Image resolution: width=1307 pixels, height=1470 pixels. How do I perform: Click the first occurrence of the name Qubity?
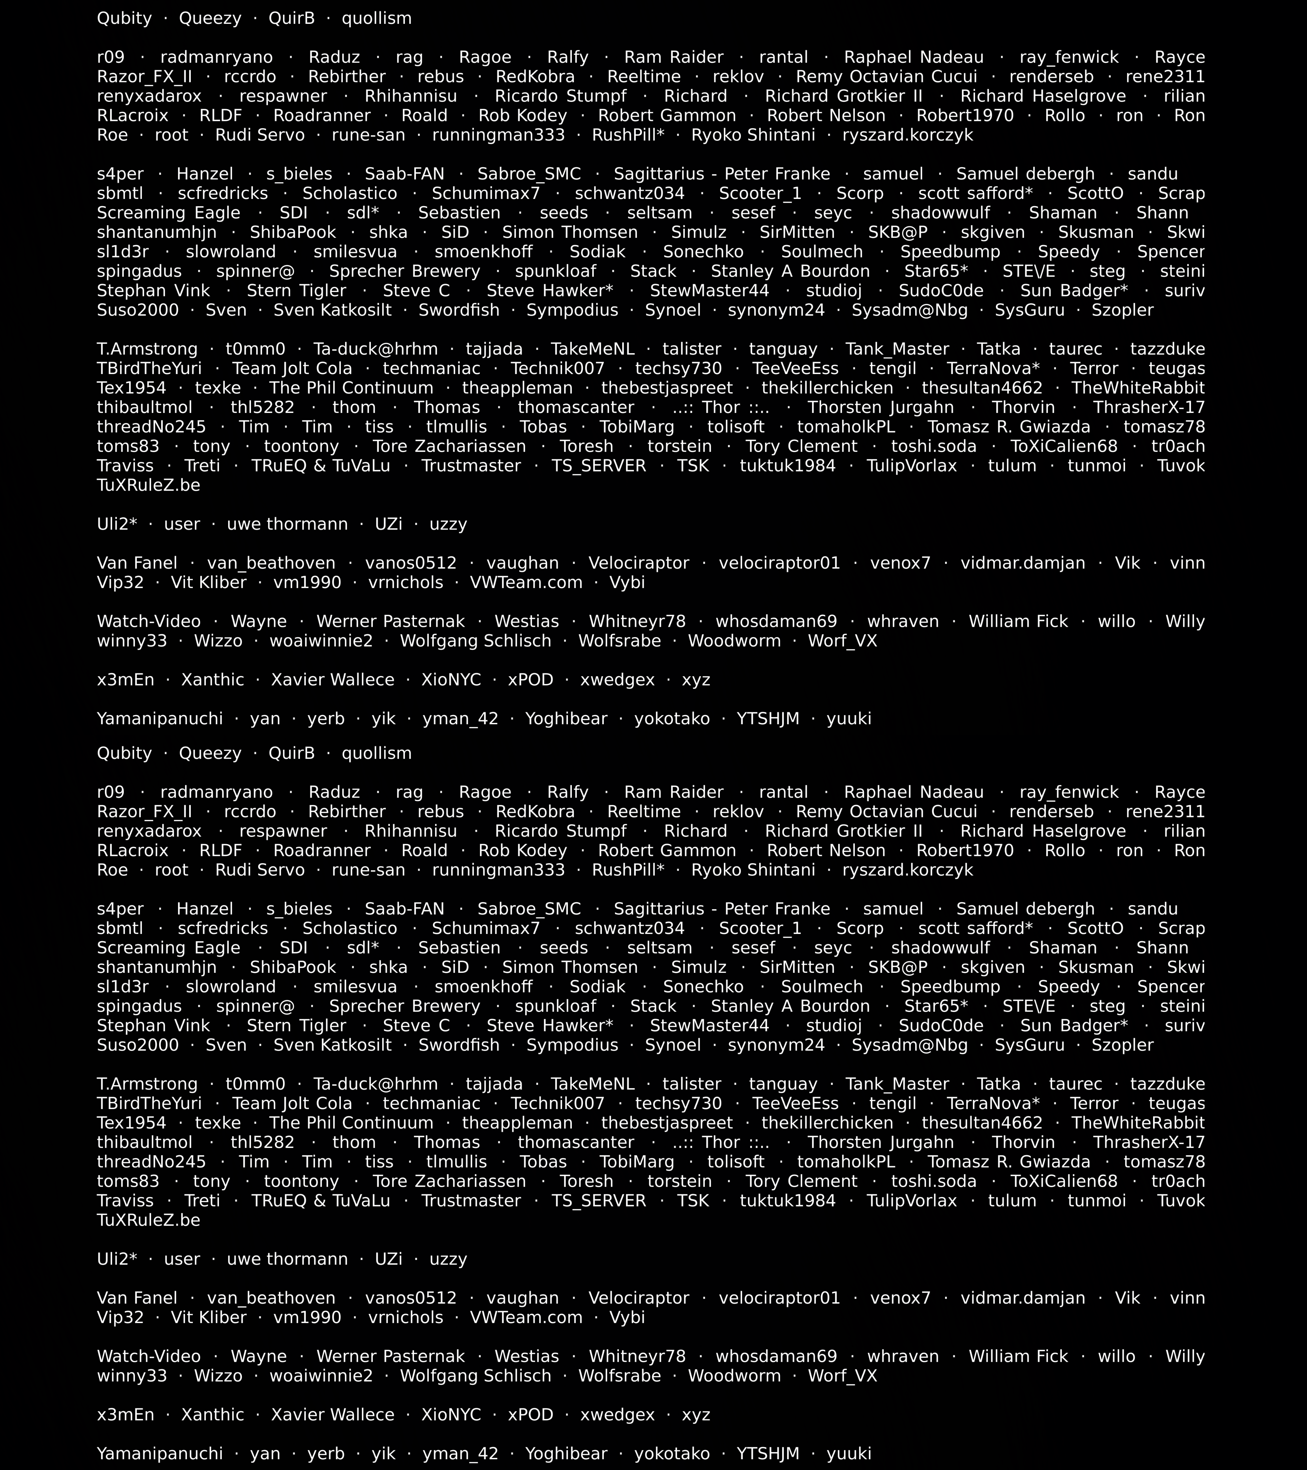coord(124,19)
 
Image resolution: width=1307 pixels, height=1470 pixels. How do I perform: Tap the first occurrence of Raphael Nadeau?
coord(914,57)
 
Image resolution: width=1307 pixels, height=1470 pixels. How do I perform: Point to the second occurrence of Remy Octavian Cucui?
coord(886,812)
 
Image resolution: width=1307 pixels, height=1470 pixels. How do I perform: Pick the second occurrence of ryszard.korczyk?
coord(908,870)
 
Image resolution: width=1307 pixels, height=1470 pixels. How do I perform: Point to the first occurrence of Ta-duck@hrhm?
coord(375,350)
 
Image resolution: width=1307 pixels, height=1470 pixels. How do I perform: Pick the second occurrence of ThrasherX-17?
coord(1149,1143)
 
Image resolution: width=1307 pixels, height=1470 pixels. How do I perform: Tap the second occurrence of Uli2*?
coord(117,1259)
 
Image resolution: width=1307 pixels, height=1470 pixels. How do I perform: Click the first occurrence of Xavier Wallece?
coord(332,680)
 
